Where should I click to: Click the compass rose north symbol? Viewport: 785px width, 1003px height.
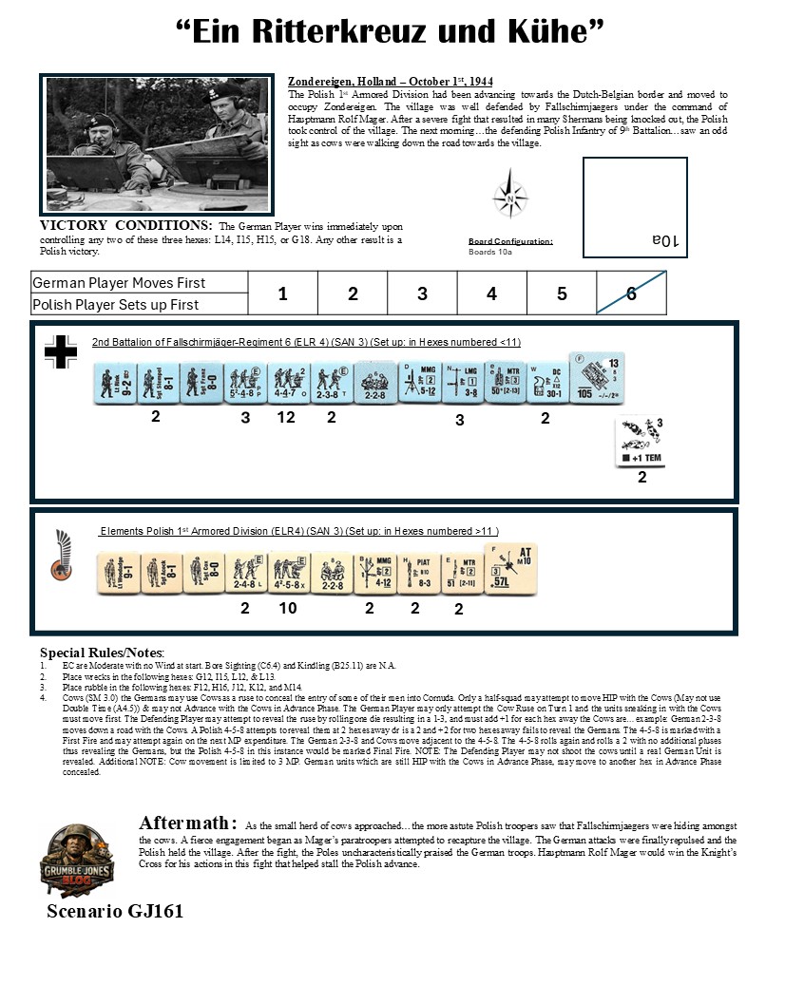(509, 198)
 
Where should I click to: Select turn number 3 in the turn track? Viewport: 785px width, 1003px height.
(422, 294)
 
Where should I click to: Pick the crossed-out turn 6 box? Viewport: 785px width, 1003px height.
(631, 293)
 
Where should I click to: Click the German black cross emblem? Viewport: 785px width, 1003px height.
(61, 351)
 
